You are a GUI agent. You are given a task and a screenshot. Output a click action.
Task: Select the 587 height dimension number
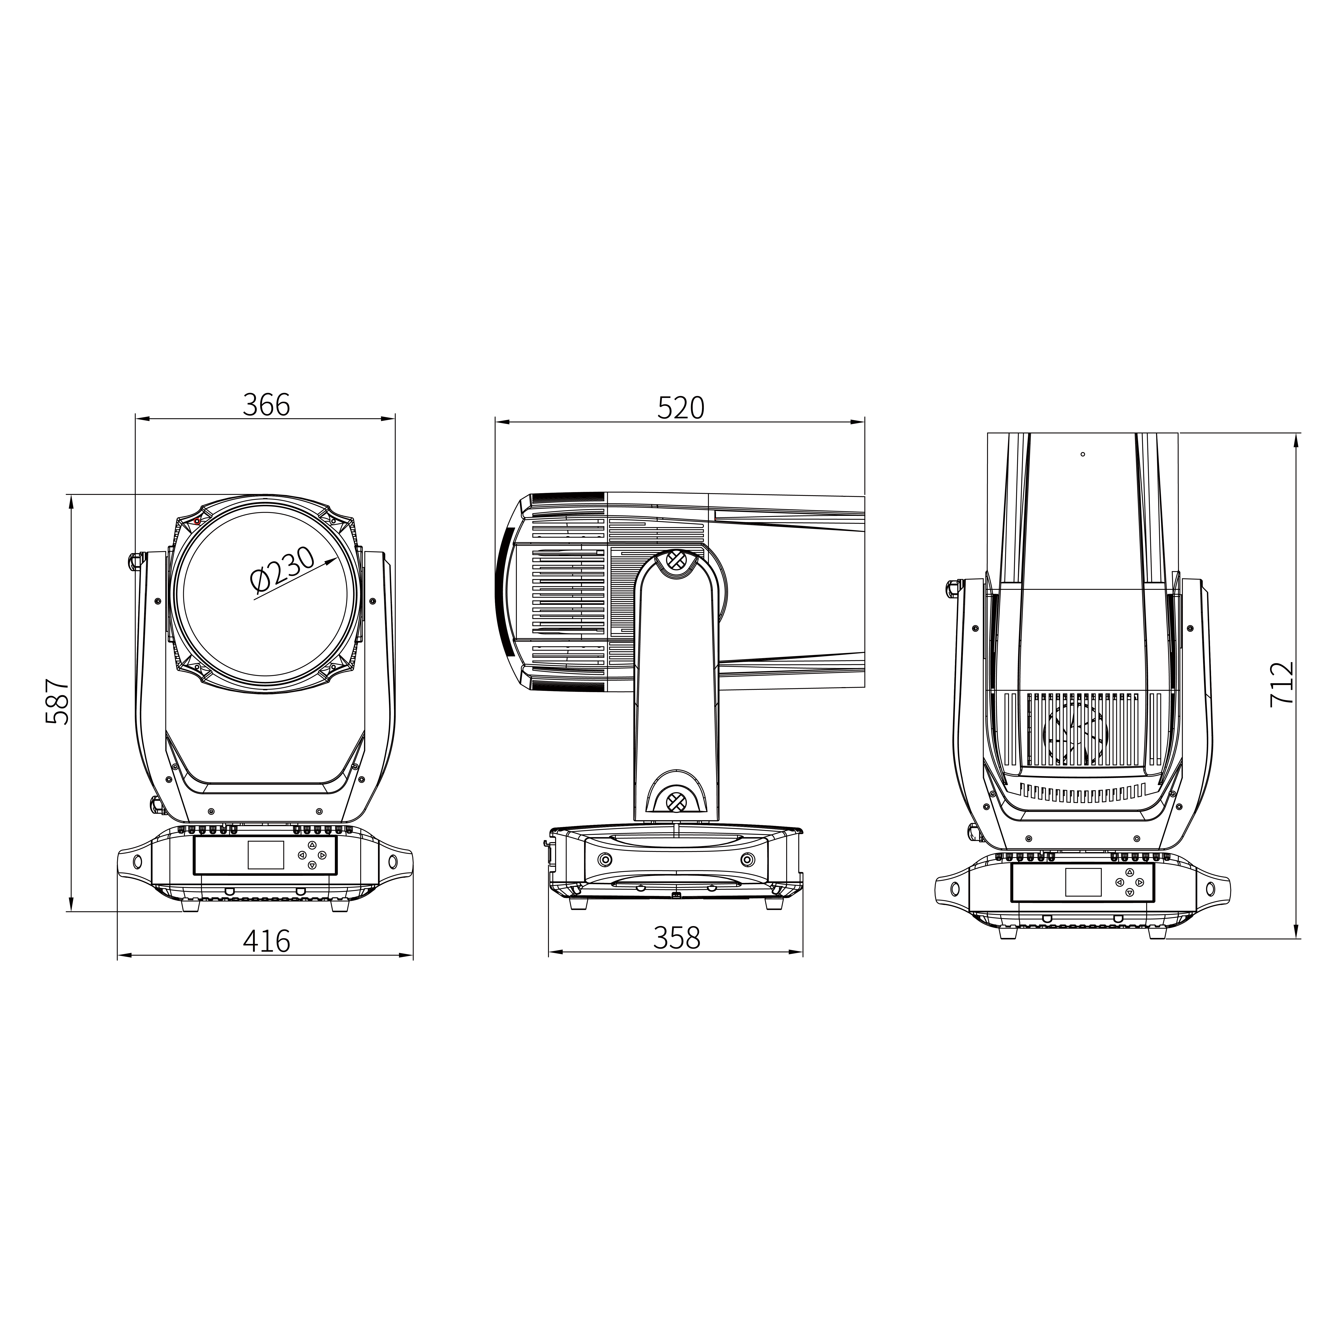(x=57, y=702)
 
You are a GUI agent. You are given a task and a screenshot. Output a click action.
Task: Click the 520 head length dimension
(x=681, y=408)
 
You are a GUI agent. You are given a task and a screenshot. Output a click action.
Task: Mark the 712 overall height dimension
(x=1281, y=684)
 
